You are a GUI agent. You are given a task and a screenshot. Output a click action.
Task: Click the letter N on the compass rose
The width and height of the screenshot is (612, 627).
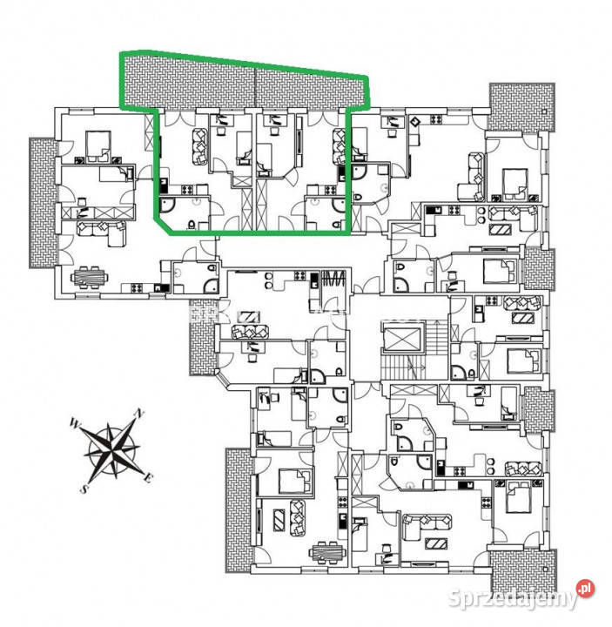point(137,413)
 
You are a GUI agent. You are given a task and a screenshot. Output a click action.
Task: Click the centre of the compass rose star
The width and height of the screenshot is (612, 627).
point(113,450)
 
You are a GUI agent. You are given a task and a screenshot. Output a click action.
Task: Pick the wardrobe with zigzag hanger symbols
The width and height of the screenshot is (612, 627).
point(333,284)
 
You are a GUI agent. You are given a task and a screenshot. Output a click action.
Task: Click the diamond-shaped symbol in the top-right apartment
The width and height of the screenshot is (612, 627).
point(415,121)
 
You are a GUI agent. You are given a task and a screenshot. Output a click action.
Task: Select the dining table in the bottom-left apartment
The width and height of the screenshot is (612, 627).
point(326,551)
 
